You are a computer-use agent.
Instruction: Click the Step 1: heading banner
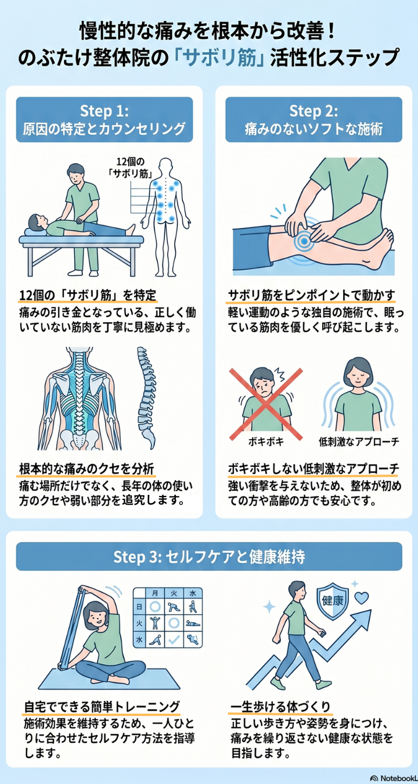point(105,120)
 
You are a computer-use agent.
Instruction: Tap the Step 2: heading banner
point(313,120)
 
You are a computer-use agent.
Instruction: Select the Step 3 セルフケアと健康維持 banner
point(209,556)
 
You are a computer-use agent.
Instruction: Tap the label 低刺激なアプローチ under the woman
point(359,442)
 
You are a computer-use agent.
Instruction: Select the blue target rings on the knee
point(303,240)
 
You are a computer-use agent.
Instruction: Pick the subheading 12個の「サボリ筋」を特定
point(88,294)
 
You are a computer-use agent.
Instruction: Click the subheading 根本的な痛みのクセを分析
point(87,468)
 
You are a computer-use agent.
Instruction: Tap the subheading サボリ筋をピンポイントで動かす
point(311,294)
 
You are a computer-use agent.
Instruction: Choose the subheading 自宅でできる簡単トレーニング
point(102,706)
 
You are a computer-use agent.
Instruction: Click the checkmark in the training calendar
point(172,639)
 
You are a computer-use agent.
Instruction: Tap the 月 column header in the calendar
point(155,593)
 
